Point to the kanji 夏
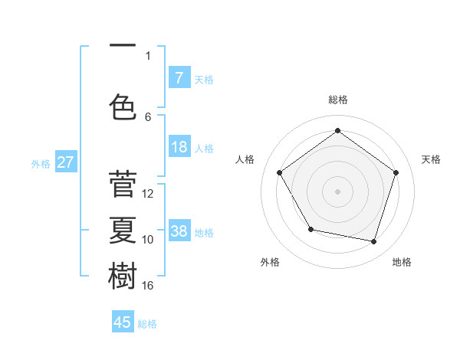123,231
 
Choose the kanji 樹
123,276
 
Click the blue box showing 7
179,77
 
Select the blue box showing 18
179,147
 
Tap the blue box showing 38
179,231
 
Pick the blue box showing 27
65,162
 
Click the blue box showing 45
123,322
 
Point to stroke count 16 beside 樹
148,285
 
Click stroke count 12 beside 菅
148,193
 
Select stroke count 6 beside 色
148,116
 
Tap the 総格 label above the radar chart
337,100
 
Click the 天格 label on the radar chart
431,159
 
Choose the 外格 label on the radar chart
270,262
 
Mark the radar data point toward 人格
280,172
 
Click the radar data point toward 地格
373,241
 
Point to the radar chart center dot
337,191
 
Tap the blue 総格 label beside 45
147,324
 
